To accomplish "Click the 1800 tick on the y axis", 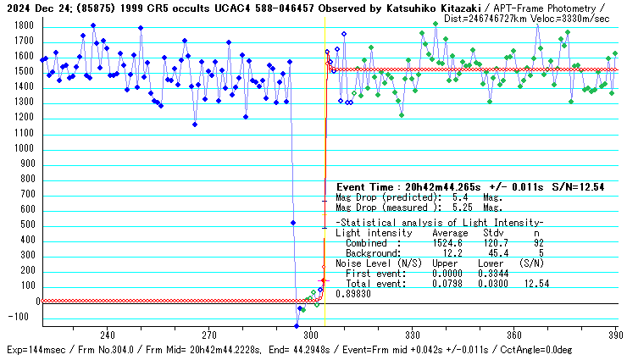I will pos(23,26).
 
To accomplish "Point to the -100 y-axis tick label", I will pos(21,318).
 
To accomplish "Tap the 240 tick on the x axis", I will pos(108,335).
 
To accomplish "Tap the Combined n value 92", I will pos(536,242).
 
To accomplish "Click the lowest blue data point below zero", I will pos(297,326).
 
